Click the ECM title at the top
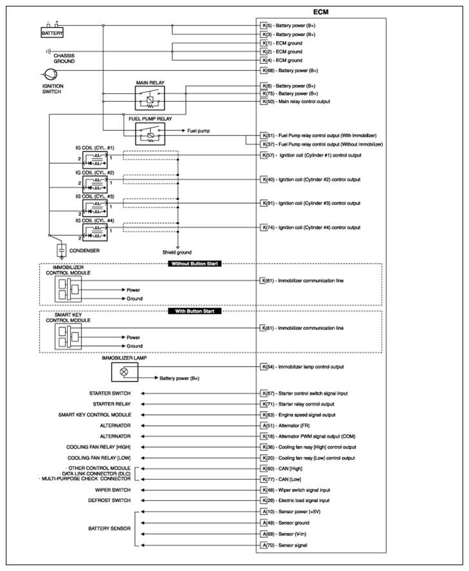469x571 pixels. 322,12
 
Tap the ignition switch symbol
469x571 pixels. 50,74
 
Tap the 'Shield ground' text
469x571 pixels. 178,252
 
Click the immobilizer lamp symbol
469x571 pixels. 124,373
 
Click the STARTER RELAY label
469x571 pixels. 114,404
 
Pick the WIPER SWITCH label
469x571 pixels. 113,490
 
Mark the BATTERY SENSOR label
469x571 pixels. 109,528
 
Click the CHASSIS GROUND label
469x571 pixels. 64,58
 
